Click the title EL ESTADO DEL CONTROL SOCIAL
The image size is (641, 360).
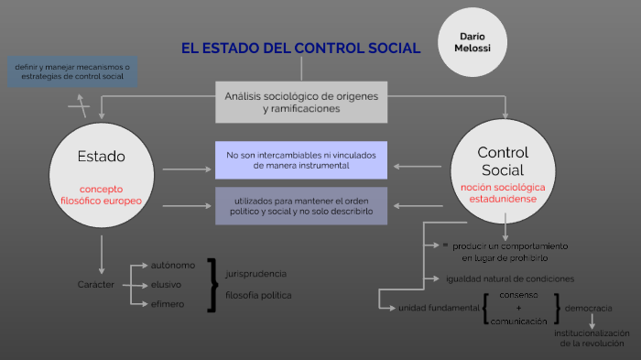[300, 49]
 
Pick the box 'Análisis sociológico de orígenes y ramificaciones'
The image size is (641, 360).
[301, 102]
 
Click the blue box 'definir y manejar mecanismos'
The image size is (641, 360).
[72, 71]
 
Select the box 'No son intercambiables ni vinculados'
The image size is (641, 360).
[301, 160]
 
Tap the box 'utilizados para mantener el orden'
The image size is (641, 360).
[301, 205]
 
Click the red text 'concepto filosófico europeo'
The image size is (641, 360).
[102, 194]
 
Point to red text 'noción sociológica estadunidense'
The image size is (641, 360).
[503, 192]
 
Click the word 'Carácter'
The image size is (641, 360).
[96, 285]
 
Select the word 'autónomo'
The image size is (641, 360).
[173, 266]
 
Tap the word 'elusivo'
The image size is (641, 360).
[167, 285]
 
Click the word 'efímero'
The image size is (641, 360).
[168, 304]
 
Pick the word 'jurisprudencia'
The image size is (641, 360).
[255, 274]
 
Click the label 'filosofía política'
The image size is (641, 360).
[258, 295]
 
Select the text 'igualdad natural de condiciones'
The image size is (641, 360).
[510, 278]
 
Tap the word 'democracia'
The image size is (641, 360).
[589, 308]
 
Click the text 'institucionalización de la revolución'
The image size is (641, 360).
[592, 338]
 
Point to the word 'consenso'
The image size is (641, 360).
[519, 296]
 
